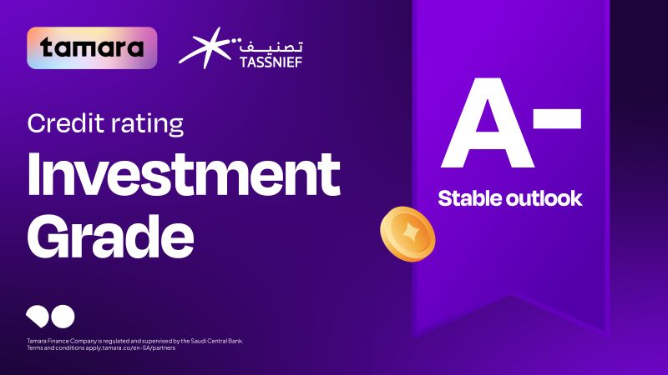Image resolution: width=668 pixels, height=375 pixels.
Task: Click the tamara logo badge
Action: coord(92,48)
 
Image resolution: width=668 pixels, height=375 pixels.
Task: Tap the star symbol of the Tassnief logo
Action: coord(206,47)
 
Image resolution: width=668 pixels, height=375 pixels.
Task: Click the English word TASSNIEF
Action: coord(271,62)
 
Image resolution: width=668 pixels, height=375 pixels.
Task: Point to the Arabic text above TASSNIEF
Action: coord(271,46)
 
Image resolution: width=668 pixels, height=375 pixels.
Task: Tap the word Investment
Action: coord(184,174)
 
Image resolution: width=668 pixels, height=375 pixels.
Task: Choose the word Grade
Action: coord(111,237)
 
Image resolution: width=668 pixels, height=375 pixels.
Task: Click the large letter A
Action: coord(488,122)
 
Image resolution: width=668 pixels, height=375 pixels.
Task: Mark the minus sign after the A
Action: coord(557,118)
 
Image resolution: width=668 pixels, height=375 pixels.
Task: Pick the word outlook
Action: coord(545,198)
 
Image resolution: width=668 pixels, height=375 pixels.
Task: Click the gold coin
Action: coord(407,233)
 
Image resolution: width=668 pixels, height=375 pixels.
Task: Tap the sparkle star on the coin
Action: coord(410,232)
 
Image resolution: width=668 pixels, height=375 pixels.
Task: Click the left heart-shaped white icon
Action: coord(38,317)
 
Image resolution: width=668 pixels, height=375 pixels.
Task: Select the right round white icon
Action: coord(63,317)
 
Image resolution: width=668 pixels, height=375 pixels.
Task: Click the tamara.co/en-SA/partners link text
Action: coord(139,348)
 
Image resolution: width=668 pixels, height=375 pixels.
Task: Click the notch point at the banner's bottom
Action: coord(511,297)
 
